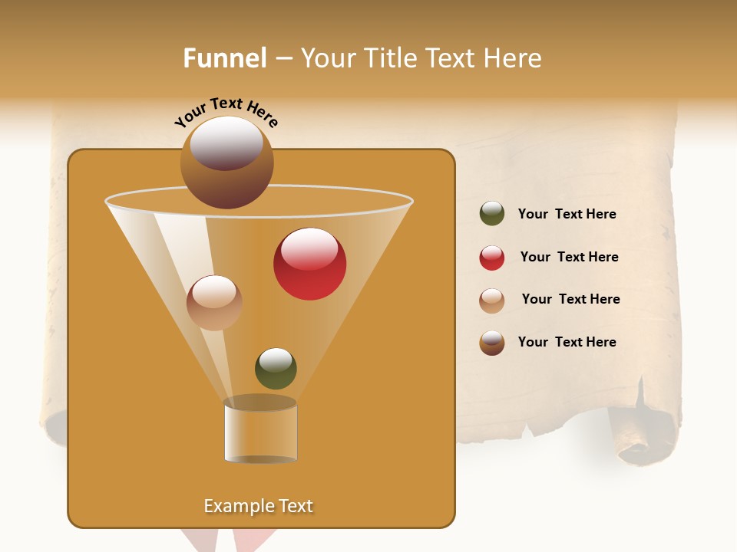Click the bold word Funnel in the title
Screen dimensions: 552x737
[224, 58]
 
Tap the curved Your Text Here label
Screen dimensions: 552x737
[226, 112]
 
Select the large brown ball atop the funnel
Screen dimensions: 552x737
[226, 163]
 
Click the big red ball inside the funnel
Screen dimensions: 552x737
[309, 264]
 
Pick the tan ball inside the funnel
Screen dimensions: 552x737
[214, 303]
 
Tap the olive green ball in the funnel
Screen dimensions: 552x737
[276, 368]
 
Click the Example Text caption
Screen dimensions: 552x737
[259, 506]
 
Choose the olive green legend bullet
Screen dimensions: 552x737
[492, 214]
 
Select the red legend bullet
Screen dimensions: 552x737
[492, 258]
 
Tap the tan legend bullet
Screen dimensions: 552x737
[492, 301]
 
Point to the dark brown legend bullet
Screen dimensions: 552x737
[492, 343]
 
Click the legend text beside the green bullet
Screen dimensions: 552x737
[567, 215]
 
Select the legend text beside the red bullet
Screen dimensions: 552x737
[569, 258]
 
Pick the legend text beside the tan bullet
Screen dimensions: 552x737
[570, 300]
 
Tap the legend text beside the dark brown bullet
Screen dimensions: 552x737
[567, 342]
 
